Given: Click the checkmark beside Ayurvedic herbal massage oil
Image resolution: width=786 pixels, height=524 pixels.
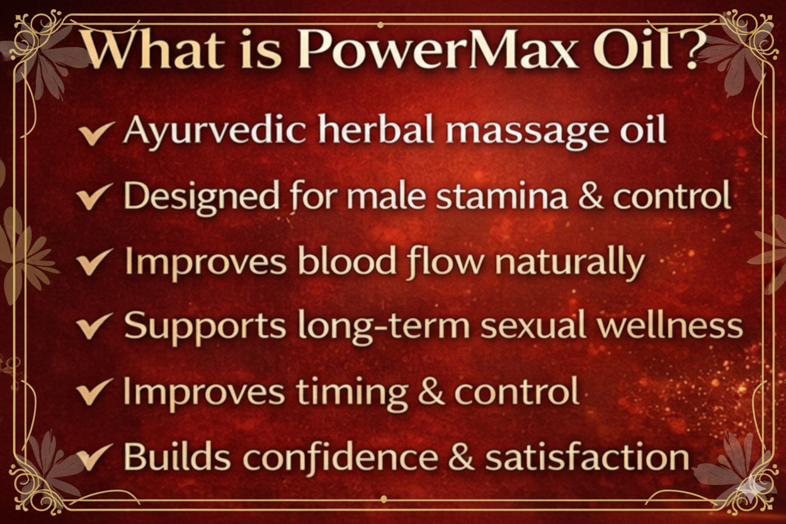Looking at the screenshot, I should [96, 134].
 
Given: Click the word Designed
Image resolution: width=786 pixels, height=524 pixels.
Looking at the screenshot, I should [201, 196].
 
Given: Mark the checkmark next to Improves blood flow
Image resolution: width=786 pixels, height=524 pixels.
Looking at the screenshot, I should [95, 263].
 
